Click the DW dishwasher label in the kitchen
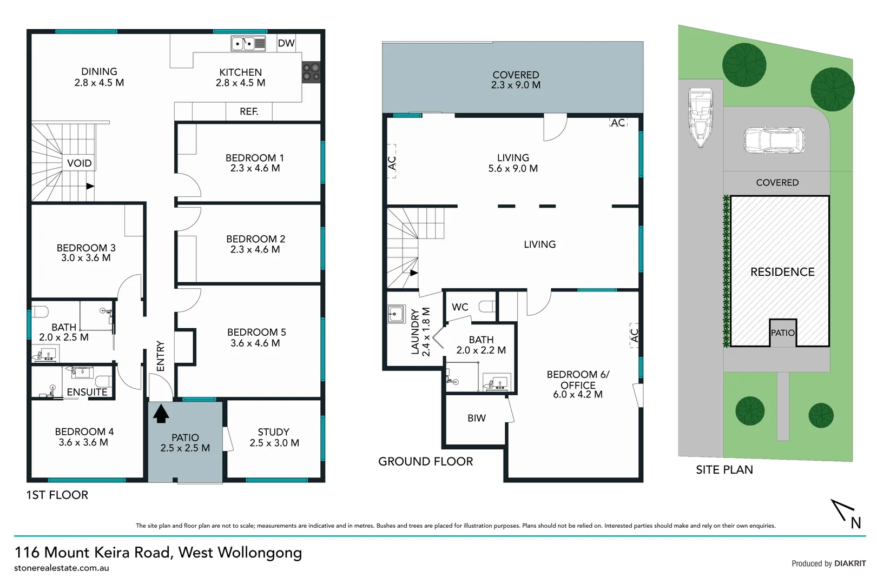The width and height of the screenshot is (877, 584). click(286, 44)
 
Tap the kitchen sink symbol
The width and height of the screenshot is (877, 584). click(248, 44)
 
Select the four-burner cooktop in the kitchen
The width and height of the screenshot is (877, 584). click(311, 72)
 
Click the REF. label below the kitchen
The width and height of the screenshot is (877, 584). click(249, 111)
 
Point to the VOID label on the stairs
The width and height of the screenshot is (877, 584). click(79, 163)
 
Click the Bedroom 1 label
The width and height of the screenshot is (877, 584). click(254, 163)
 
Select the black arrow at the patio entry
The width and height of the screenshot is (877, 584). click(161, 414)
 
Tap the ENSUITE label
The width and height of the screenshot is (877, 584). click(87, 392)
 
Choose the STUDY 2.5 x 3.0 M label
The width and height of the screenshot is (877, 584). click(274, 437)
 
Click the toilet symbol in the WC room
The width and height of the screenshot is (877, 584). click(487, 307)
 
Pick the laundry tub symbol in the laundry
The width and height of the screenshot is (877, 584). click(395, 314)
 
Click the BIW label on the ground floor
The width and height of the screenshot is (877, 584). click(477, 418)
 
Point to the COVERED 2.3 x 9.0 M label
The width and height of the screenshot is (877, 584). click(516, 79)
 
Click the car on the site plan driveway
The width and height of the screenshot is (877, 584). click(774, 140)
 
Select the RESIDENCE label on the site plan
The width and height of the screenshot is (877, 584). click(782, 272)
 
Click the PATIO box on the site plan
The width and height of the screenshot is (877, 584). click(783, 333)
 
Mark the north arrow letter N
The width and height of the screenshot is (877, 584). click(855, 523)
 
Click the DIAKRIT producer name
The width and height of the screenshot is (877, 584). click(850, 563)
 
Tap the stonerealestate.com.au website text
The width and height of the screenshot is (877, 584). click(62, 568)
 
